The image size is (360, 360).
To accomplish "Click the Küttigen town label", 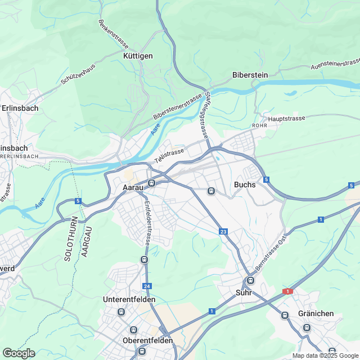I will point(138,56).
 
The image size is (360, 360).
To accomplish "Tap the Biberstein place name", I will point(250,75).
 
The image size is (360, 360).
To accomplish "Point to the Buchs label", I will point(245,184).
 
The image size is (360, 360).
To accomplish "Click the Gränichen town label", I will point(316,313).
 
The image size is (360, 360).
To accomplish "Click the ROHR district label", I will point(259,125).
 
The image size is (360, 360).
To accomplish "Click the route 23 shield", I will point(224,231).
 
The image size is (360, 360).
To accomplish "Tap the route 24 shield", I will point(147,286).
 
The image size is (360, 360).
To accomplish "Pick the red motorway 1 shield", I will point(288,291).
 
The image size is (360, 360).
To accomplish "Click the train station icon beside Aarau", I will point(151,183).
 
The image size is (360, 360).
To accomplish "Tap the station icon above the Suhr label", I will point(250,280).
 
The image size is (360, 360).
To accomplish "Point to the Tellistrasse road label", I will point(169,153).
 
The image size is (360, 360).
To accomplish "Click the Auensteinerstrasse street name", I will point(336,64).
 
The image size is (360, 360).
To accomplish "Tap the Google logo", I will point(19,353).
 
